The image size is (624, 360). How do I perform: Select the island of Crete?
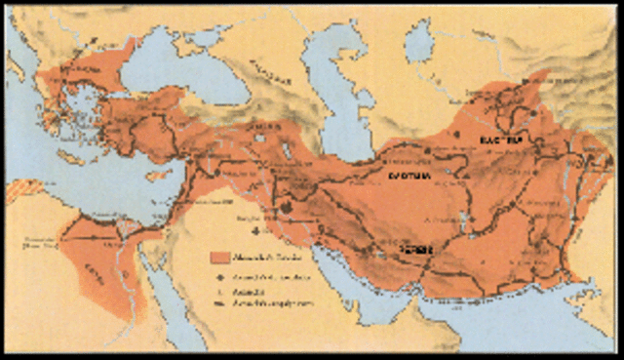click(72, 158)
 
